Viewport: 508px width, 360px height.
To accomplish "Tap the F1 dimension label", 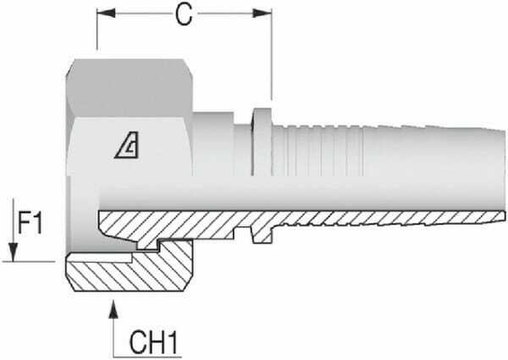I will click(x=31, y=220).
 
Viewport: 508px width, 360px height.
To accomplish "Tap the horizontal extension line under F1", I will click(x=36, y=261).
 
